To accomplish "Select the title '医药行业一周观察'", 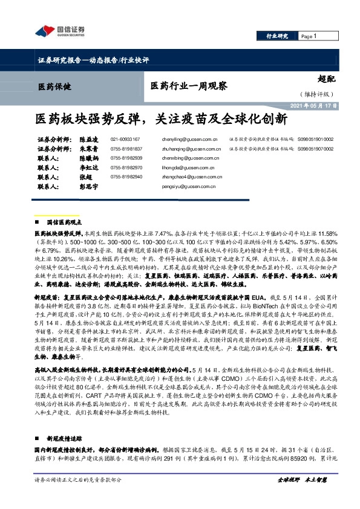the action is pos(188,86).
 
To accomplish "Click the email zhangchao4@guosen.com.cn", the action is pos(195,176).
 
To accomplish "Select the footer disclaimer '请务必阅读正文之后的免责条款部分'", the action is pos(79,496).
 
